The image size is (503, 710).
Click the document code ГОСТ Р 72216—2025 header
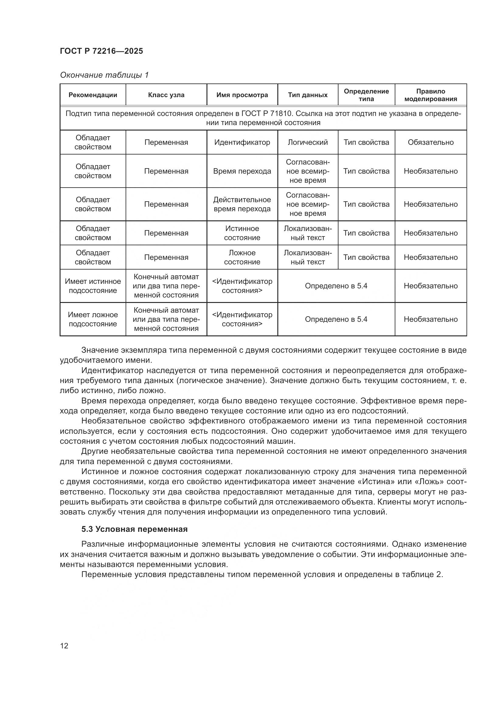coord(101,51)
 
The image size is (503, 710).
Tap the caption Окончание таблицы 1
coord(104,75)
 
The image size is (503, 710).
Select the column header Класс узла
coord(166,95)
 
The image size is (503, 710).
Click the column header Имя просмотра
coord(242,95)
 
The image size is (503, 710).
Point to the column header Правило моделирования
coord(431,95)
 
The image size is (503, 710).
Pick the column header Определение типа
coord(366,95)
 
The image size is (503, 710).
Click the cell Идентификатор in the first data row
coord(242,142)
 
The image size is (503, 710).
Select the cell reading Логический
coord(307,142)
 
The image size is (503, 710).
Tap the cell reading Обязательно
coord(431,142)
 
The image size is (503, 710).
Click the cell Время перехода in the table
coord(242,171)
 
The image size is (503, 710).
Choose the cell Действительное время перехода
coord(242,204)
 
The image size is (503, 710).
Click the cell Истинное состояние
coord(242,233)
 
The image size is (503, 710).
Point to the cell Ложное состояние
coord(242,257)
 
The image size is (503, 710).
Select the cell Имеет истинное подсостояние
coord(93,286)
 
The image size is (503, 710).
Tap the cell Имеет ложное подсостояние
coord(93,319)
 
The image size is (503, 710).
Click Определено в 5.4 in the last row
coord(336,319)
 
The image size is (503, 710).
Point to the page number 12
coord(64,646)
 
